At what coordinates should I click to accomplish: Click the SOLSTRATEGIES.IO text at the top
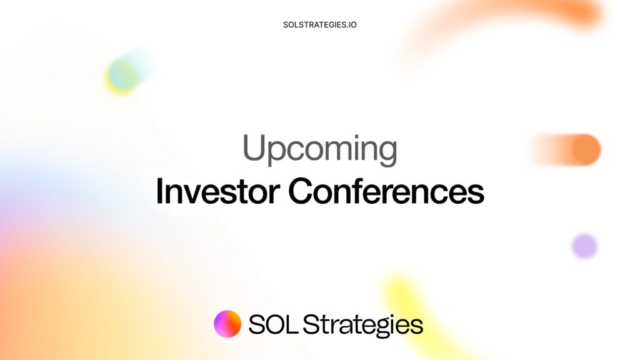click(319, 25)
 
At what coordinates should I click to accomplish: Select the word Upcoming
click(319, 150)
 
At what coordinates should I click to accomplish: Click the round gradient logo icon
click(227, 324)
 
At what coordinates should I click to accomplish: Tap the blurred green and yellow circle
click(122, 76)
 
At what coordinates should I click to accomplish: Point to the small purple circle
click(584, 246)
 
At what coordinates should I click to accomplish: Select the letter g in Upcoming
click(387, 154)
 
